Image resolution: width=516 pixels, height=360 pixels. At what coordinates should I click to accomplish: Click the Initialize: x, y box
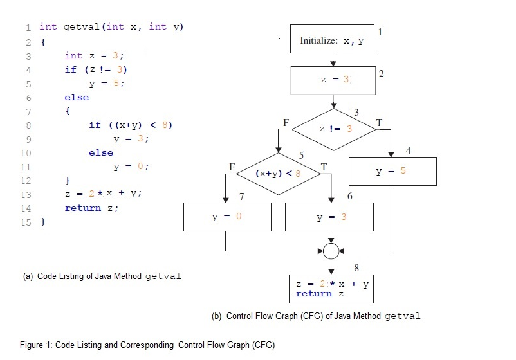332,40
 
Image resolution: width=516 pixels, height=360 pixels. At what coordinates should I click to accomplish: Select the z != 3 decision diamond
335,129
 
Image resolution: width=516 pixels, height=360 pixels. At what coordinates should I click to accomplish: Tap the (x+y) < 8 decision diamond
278,173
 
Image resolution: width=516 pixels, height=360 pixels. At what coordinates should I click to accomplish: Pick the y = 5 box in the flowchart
392,171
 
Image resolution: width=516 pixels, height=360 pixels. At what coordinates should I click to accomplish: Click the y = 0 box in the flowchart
226,217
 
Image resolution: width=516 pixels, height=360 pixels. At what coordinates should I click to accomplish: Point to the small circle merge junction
331,251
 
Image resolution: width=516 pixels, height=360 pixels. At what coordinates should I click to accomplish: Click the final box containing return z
332,288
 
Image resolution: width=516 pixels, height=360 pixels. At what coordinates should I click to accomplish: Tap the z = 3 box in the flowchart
333,80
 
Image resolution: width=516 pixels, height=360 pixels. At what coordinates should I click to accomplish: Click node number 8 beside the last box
356,266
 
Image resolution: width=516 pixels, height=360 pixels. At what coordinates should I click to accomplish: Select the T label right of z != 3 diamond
379,122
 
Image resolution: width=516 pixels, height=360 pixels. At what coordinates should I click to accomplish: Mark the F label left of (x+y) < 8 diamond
232,166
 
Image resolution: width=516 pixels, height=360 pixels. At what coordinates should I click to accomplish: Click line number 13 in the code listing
26,194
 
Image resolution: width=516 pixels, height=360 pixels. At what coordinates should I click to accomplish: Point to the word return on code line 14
83,208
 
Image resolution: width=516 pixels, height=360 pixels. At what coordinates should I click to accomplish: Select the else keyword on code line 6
77,98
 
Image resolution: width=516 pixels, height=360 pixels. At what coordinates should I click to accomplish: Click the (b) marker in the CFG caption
217,316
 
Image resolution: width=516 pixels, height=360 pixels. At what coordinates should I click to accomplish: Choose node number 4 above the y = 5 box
408,150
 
